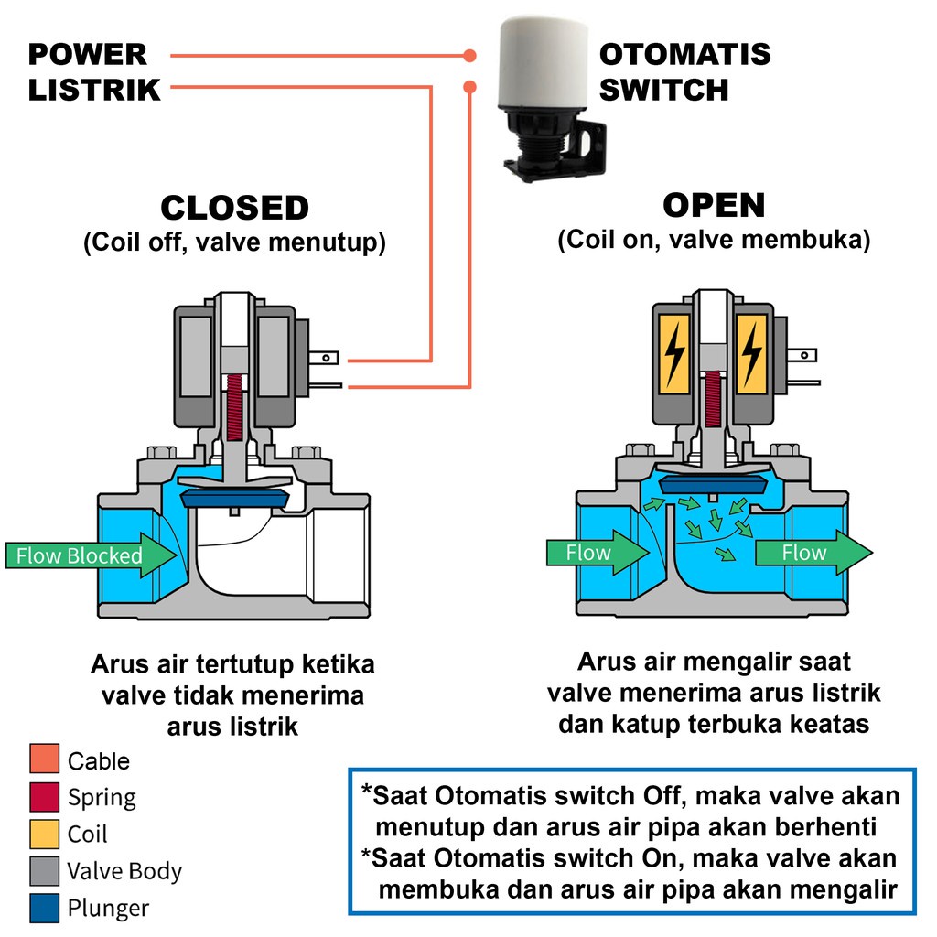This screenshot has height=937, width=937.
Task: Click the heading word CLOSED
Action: point(234,209)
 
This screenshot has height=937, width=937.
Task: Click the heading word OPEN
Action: point(714,206)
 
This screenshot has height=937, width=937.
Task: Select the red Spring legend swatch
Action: point(44,797)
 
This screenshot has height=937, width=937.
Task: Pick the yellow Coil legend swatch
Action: point(44,834)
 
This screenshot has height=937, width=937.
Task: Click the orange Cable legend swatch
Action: point(44,760)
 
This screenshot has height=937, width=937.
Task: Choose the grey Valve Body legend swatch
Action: point(44,871)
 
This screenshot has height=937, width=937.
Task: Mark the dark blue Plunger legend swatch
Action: point(44,908)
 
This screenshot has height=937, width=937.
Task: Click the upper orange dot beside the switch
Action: point(470,56)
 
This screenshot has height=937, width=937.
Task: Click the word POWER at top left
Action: point(88,54)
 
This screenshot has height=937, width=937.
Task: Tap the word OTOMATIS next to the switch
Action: point(684,54)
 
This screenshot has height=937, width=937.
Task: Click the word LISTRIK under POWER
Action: point(94,90)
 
